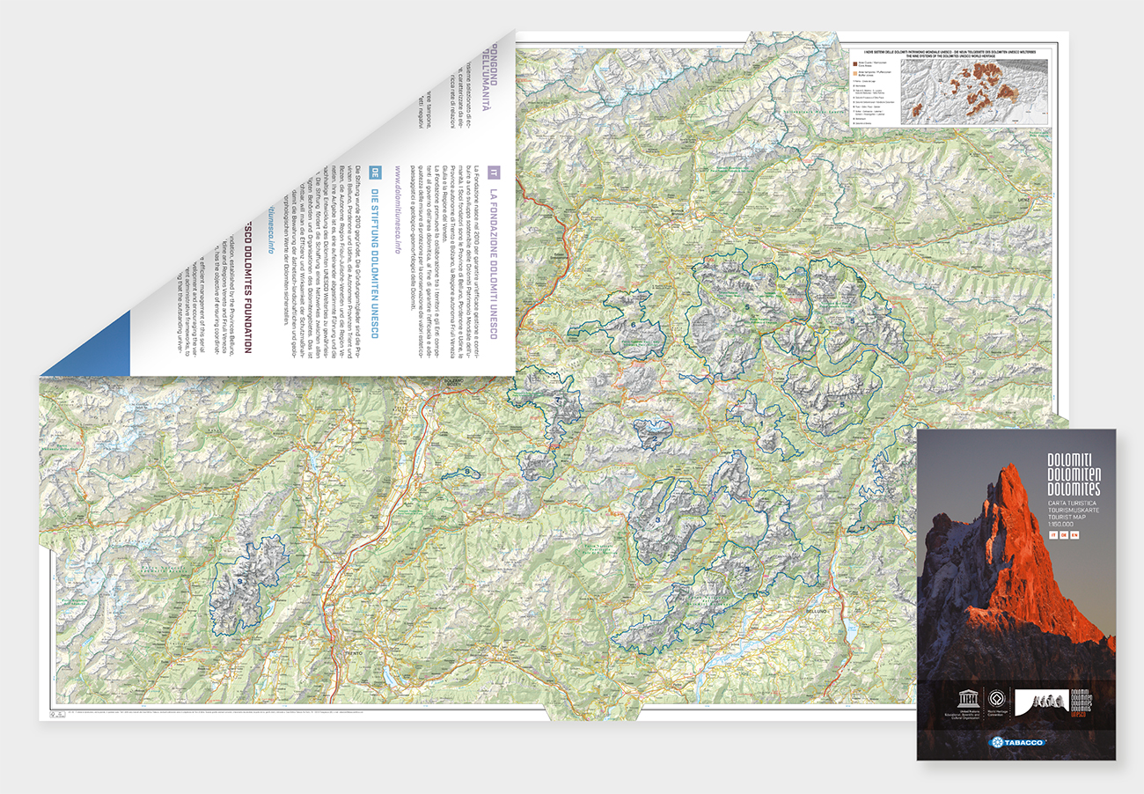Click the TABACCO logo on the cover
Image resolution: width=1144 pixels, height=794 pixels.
[1016, 742]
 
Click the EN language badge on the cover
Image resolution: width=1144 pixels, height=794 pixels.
[1074, 536]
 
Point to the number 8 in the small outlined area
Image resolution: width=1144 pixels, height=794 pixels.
[467, 473]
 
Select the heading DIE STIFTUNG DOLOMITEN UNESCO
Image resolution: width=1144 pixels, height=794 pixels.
[374, 263]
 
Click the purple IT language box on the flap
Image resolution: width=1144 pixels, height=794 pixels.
[495, 172]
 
